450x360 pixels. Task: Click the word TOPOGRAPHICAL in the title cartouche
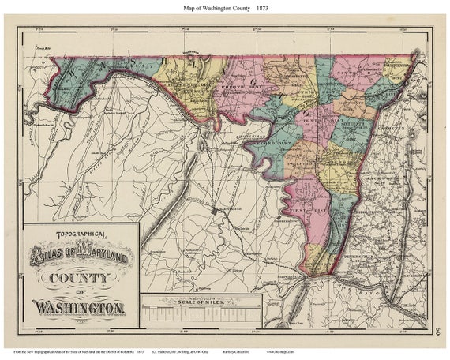pyautogui.click(x=77, y=235)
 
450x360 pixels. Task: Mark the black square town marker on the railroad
pyautogui.click(x=215, y=212)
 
